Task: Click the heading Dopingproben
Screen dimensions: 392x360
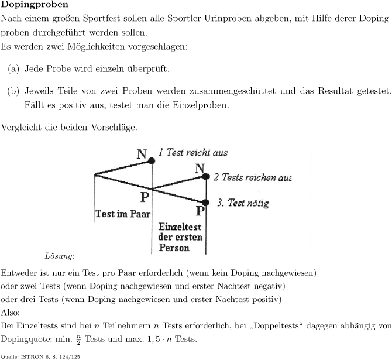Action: [35, 5]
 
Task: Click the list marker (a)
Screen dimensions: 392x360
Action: [13, 69]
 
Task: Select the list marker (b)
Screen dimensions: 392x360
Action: [13, 91]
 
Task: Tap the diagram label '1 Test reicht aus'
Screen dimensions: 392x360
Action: [193, 152]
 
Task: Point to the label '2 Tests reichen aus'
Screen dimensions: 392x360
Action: [252, 177]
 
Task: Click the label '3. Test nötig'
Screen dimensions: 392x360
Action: [243, 203]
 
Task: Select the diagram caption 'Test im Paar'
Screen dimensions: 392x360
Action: [123, 214]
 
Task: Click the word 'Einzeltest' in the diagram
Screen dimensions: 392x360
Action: [180, 227]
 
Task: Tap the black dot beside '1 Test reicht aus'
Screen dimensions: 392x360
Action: [152, 161]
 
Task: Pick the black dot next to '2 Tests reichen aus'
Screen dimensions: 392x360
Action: [206, 177]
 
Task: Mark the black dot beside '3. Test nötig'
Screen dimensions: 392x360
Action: [205, 203]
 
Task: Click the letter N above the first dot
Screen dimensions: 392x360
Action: [142, 154]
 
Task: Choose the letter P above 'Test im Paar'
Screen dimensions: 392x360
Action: [145, 197]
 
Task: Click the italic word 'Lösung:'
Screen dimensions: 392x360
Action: [60, 256]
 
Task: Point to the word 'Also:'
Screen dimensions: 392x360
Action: [11, 313]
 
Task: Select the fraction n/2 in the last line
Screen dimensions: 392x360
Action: [78, 340]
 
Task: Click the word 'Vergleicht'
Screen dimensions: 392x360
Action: [21, 127]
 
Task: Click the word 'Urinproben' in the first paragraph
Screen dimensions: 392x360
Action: [228, 19]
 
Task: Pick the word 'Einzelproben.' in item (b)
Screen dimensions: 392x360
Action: [201, 105]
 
